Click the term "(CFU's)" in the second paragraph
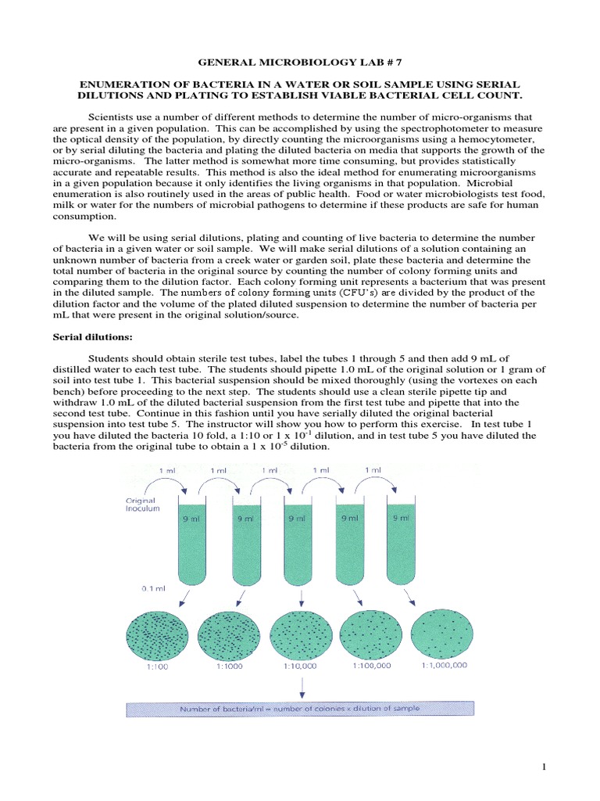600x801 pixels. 304,292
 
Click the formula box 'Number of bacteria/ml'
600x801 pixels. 301,709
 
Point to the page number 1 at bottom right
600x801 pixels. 545,768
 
